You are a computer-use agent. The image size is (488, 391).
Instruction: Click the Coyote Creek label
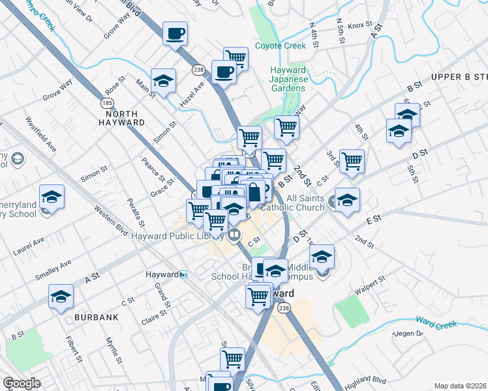point(280,46)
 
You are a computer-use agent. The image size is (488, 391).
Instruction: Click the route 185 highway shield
point(106,104)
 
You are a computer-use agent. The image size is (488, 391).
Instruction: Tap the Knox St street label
point(359,26)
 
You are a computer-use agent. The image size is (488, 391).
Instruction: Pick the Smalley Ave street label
point(53,269)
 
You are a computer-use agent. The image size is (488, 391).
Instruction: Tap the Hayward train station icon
point(185,274)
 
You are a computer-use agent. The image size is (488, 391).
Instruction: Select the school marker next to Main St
point(163,81)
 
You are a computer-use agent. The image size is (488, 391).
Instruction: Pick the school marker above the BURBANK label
point(61,297)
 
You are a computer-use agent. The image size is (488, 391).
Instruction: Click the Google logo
point(21,383)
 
